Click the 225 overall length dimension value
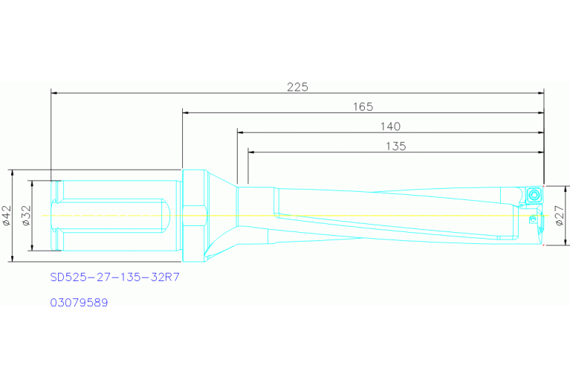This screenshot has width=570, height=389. pyautogui.click(x=297, y=86)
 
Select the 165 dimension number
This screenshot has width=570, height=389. pyautogui.click(x=363, y=106)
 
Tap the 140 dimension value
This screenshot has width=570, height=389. pyautogui.click(x=390, y=126)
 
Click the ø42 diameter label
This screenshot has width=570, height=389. pyautogui.click(x=6, y=216)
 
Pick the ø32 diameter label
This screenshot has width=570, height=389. pyautogui.click(x=25, y=216)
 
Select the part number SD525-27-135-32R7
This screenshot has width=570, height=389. pyautogui.click(x=115, y=277)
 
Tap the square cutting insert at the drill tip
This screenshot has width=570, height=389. pyautogui.click(x=534, y=195)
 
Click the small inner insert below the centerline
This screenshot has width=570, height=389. pyautogui.click(x=531, y=220)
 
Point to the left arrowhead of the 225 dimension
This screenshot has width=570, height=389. pyautogui.click(x=54, y=93)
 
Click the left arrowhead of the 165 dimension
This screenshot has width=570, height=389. pyautogui.click(x=187, y=113)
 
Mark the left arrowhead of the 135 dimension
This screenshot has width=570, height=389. pyautogui.click(x=252, y=152)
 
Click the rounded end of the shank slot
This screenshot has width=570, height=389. pyautogui.click(x=169, y=215)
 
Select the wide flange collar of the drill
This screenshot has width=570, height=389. pyautogui.click(x=192, y=216)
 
